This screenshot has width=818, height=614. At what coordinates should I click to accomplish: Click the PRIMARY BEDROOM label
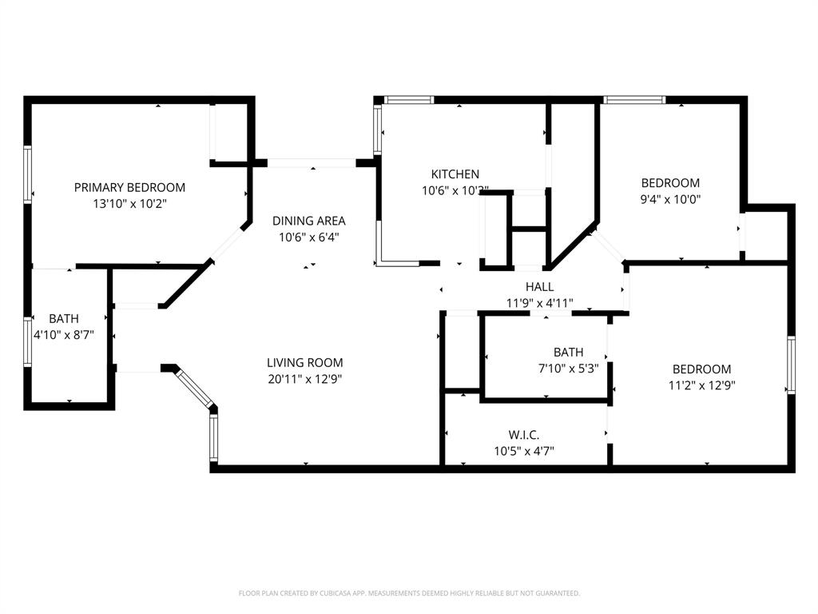(129, 187)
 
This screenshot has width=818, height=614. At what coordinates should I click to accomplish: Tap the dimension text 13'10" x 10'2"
(129, 204)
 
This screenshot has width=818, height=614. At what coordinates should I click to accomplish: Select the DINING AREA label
(308, 221)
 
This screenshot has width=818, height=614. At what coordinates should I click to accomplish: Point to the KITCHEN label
(455, 174)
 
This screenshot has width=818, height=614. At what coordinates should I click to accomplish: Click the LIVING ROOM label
(305, 363)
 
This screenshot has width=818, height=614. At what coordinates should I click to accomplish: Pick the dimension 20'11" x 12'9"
(305, 380)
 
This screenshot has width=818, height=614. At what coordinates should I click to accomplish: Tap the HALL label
(539, 287)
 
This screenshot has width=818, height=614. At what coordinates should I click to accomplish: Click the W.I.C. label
(523, 435)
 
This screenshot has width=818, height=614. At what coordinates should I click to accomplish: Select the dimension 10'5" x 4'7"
(523, 451)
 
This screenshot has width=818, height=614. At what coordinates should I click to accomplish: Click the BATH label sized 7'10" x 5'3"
(568, 352)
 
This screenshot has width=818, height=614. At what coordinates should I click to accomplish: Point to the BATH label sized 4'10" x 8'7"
(64, 318)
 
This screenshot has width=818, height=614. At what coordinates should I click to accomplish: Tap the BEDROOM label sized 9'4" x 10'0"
(670, 182)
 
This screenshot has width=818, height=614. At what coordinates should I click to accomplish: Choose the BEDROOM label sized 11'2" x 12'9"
(701, 369)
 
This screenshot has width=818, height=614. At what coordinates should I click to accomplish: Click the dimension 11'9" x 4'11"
(539, 303)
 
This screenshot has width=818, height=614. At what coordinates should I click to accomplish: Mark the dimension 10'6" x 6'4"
(308, 237)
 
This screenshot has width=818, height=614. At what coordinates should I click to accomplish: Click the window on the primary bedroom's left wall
(28, 173)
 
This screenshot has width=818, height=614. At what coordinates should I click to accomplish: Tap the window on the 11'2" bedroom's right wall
(791, 365)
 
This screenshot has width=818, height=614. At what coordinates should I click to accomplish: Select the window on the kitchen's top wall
(408, 100)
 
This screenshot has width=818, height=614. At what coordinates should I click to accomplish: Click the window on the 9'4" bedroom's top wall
(633, 100)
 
